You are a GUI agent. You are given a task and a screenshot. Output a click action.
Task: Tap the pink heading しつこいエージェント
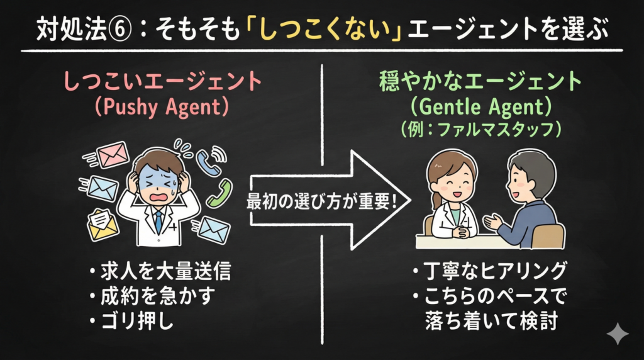pyautogui.click(x=162, y=82)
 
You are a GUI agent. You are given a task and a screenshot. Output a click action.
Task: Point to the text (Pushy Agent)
pyautogui.click(x=162, y=108)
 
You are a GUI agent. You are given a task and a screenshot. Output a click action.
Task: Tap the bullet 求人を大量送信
pyautogui.click(x=159, y=272)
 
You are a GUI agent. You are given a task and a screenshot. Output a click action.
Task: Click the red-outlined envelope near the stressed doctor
pyautogui.click(x=111, y=154)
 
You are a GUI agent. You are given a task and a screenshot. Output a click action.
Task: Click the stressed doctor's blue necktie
pyautogui.click(x=158, y=220)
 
